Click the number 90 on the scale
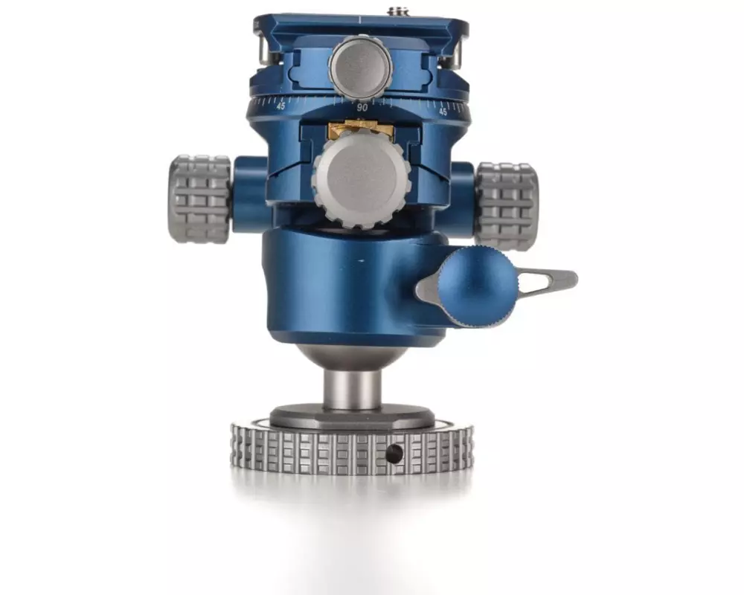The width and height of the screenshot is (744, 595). pos(362,108)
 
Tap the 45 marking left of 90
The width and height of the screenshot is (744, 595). pos(281,106)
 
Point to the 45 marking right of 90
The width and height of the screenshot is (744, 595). pos(443,112)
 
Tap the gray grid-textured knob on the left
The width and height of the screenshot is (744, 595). pos(199,199)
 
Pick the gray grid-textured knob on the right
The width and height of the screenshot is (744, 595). pos(507,205)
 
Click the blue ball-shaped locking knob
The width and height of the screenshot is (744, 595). pos(476,288)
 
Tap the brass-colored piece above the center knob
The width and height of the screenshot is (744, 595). pos(361,129)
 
